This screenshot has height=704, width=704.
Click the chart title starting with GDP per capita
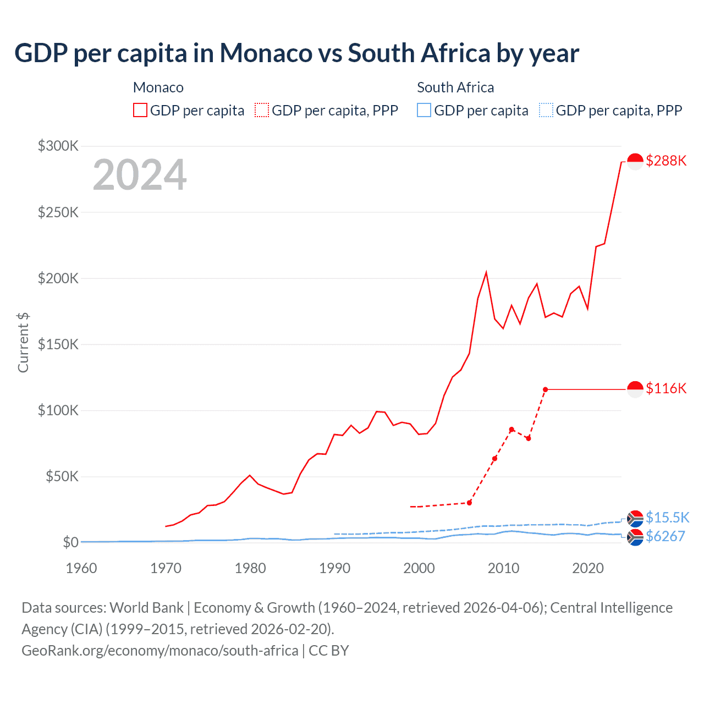pos(296,53)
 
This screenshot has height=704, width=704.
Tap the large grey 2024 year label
pos(140,175)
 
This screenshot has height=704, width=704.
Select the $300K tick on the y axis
pos(58,146)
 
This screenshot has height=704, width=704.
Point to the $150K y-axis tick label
pos(58,344)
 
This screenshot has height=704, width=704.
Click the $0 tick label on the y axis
pos(70,542)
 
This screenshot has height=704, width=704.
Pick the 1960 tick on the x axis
pos(81,568)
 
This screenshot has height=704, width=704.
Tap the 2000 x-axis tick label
pos(419,568)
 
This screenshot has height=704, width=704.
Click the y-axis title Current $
pos(23,342)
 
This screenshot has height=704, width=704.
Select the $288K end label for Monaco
pos(666,161)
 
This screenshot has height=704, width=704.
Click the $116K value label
pos(666,388)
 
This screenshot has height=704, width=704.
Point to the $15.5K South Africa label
pos(667,518)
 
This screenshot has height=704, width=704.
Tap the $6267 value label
pos(665,536)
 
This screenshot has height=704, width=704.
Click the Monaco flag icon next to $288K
pos(635,162)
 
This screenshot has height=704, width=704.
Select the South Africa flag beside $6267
pos(635,537)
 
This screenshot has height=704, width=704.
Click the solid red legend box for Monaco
pos(140,111)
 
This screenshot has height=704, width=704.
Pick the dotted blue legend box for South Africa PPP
pos(546,111)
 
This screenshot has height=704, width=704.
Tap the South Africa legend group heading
pos(455,87)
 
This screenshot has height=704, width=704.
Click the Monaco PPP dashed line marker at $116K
pos(545,389)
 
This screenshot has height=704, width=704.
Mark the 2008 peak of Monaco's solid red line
pos(486,272)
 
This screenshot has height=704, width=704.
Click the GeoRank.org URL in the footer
pos(160,651)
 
